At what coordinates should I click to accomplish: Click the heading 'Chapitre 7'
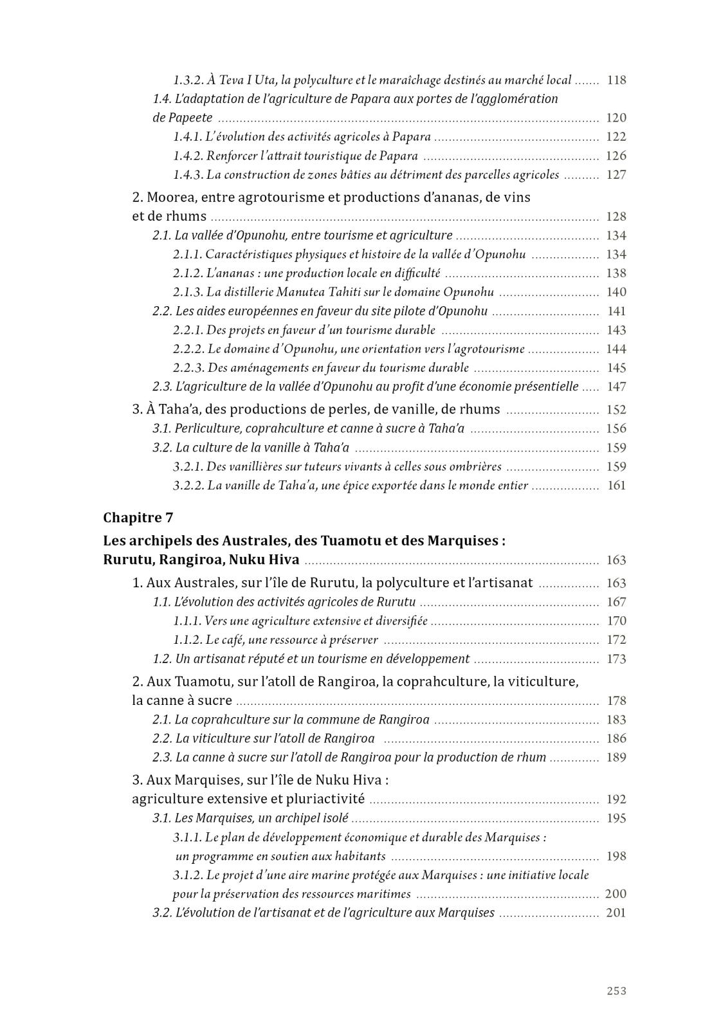coord(138,518)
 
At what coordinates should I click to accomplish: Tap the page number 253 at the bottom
coord(616,990)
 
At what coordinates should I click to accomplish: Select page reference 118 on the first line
coord(616,80)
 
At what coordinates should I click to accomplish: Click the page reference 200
coord(615,894)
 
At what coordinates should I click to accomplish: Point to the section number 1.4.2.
coord(188,156)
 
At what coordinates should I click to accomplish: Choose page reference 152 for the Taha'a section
coord(616,410)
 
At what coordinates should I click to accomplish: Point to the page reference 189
coord(616,758)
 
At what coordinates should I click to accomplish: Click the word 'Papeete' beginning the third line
coord(183,118)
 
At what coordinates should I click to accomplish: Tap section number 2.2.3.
coord(188,368)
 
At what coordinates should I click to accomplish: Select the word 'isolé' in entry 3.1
coord(334,819)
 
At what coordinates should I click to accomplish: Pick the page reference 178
coord(616,701)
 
